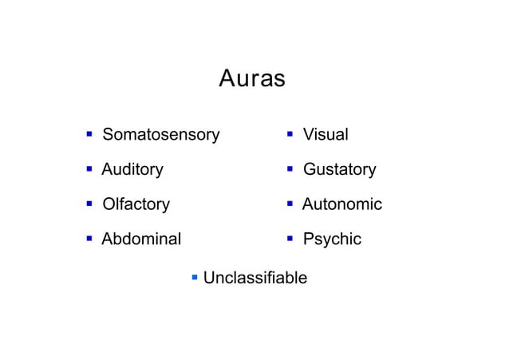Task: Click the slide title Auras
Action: tap(252, 80)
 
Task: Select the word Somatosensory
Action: tap(160, 135)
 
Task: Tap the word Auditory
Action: tap(132, 169)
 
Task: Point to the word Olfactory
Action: tap(136, 204)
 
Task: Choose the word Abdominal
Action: tap(141, 239)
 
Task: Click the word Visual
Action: tap(326, 135)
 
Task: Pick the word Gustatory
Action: tap(339, 169)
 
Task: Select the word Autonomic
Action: tap(342, 204)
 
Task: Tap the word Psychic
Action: tap(332, 239)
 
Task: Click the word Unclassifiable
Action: tap(255, 278)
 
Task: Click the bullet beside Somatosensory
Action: tap(90, 134)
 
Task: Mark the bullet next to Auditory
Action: tap(90, 168)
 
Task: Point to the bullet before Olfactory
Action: tap(90, 204)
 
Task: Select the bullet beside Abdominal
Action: tap(90, 238)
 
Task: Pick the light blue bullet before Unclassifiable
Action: tap(194, 277)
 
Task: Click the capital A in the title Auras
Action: tap(226, 80)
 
